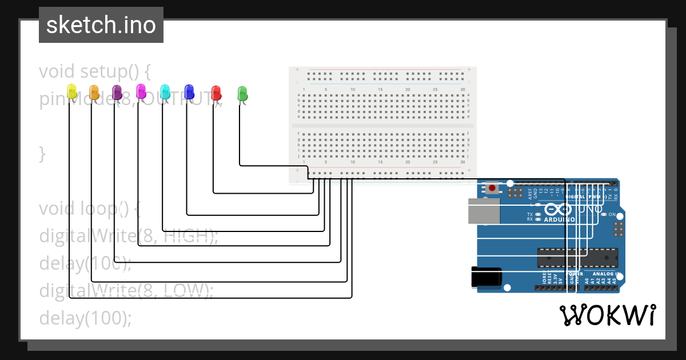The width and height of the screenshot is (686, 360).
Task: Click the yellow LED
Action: (x=71, y=91)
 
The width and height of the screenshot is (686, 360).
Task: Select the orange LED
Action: (x=94, y=91)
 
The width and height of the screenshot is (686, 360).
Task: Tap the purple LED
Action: (x=117, y=91)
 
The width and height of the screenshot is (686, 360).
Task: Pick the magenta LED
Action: (x=141, y=90)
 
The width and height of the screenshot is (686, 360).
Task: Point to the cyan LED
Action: (x=165, y=91)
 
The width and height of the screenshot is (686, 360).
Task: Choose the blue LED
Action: (x=189, y=91)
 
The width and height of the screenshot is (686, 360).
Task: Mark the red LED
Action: (x=216, y=92)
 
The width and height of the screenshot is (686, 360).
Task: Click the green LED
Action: (x=242, y=93)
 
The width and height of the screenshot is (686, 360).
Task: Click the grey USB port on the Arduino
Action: (x=484, y=211)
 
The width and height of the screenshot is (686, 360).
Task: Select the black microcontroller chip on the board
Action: (x=577, y=258)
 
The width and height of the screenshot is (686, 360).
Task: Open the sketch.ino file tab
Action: (x=101, y=25)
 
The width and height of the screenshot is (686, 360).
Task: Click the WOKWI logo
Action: (x=607, y=315)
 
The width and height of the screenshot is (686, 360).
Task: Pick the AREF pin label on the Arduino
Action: (x=530, y=193)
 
